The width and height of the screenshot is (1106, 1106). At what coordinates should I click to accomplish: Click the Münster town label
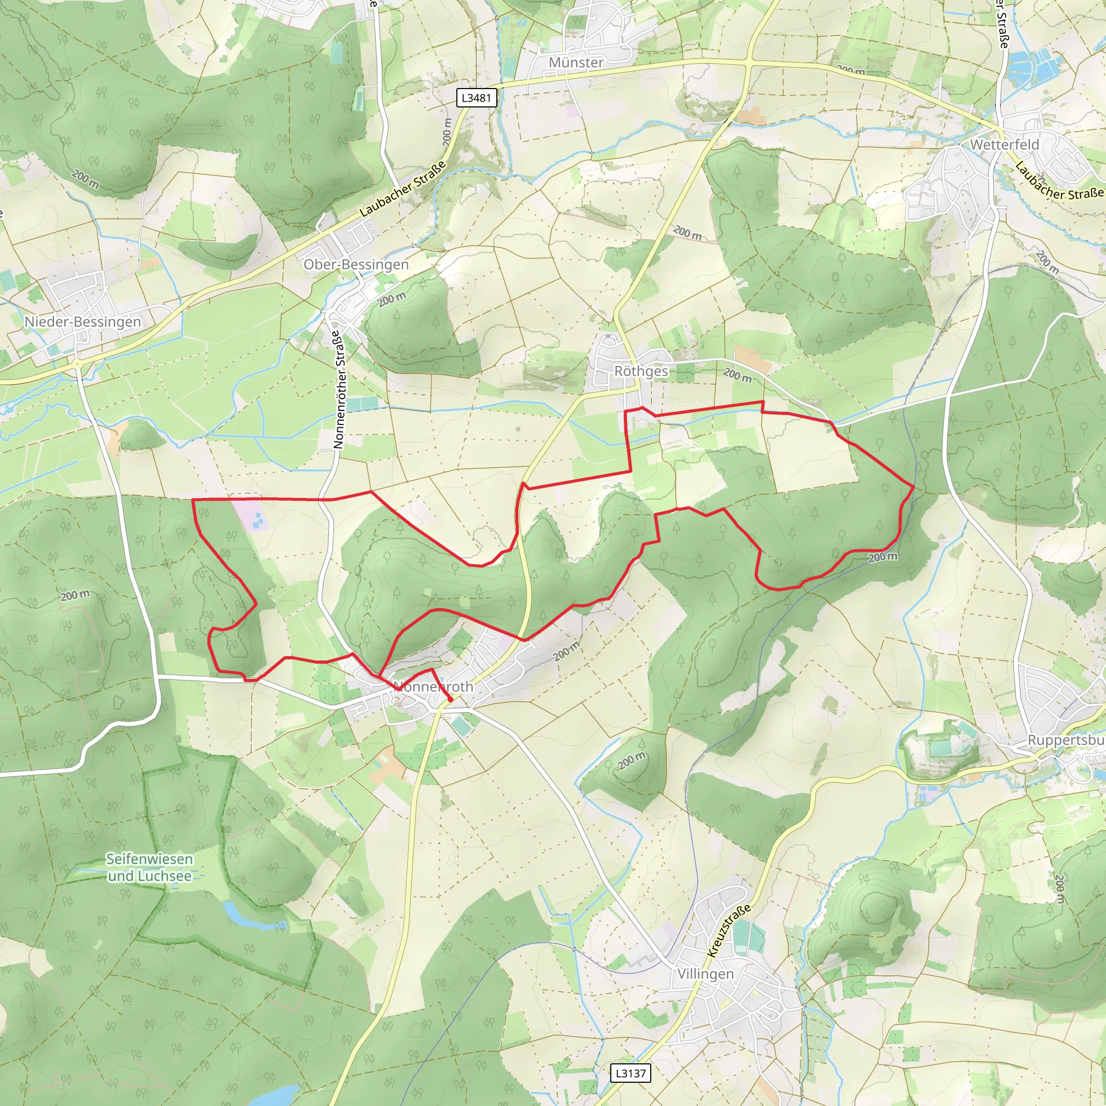[576, 63]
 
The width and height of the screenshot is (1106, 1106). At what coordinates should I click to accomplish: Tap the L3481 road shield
[476, 98]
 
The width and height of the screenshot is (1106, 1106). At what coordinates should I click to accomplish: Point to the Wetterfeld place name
[1004, 145]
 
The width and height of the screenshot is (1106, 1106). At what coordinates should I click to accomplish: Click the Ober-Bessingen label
[356, 265]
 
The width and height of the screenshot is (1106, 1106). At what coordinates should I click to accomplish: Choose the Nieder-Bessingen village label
[83, 322]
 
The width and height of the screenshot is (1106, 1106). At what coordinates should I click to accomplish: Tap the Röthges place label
[641, 372]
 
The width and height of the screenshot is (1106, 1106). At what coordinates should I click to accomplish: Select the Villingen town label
[705, 974]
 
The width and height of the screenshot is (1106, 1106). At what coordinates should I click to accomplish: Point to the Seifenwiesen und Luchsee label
[150, 867]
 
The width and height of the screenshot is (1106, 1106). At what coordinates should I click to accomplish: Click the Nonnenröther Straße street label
[339, 389]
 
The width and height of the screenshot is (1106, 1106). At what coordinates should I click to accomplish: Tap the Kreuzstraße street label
[728, 932]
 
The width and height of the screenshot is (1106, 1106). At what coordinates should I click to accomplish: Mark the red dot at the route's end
[450, 699]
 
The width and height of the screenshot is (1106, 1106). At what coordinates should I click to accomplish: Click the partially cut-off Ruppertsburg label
[1065, 740]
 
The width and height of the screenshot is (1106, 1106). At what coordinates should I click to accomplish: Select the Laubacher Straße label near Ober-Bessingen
[402, 190]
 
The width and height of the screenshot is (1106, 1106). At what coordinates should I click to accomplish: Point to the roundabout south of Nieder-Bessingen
[77, 363]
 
